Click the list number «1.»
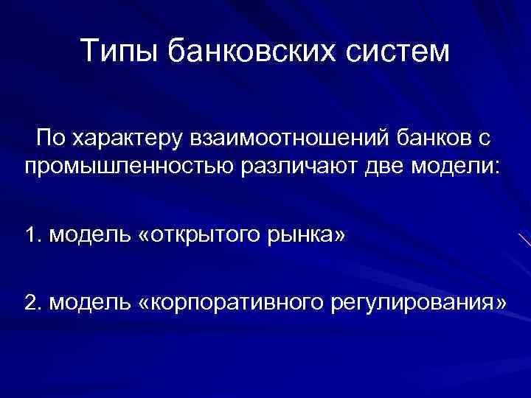pos(34,236)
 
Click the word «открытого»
pos(200,236)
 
